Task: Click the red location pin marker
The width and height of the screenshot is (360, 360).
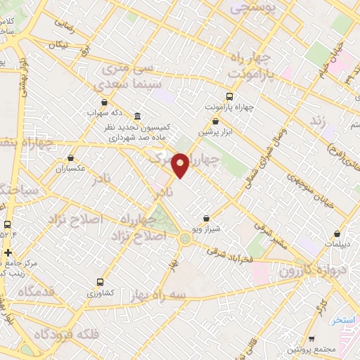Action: coord(181,164)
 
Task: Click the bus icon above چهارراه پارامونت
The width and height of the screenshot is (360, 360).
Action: coord(229,96)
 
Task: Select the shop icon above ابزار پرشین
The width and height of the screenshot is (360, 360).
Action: coord(216,121)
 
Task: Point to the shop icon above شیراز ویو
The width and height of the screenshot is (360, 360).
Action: coord(206,218)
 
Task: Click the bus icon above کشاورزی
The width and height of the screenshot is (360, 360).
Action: coord(100,280)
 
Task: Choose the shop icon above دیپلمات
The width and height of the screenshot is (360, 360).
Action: coord(338,234)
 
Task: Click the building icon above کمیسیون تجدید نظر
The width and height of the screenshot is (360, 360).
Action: coord(136,116)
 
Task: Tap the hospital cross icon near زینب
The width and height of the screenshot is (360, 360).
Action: coord(8,252)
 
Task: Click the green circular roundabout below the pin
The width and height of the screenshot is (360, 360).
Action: coord(185,238)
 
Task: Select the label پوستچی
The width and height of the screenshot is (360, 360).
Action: coord(255,9)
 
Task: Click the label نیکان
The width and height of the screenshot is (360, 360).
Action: coord(58,44)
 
